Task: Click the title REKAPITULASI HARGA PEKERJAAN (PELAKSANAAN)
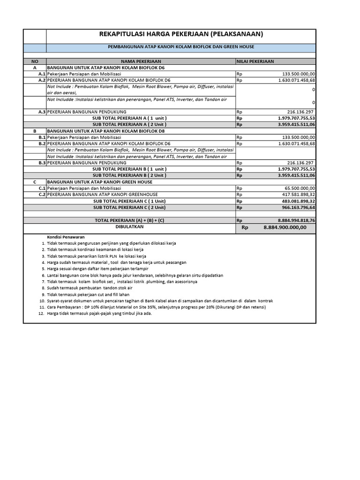click(181, 34)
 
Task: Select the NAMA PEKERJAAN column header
click(141, 61)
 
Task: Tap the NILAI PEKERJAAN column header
click(255, 61)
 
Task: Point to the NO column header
click(34, 61)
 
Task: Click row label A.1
click(41, 74)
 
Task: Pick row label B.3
click(41, 163)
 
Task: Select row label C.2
click(41, 195)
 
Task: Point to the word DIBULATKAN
click(129, 226)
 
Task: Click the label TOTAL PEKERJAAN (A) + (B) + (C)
click(129, 220)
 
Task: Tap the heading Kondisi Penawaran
click(62, 237)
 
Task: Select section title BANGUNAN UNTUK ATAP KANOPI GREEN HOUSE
click(99, 182)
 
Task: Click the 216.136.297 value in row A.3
click(301, 112)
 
